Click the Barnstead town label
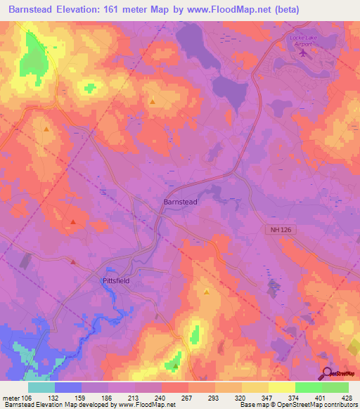(181, 202)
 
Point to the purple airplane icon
(304, 51)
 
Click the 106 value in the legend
(28, 398)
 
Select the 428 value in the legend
(347, 398)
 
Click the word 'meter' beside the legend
(11, 398)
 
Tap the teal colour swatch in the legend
(41, 387)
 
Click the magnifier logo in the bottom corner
(328, 374)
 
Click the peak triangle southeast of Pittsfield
(207, 291)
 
